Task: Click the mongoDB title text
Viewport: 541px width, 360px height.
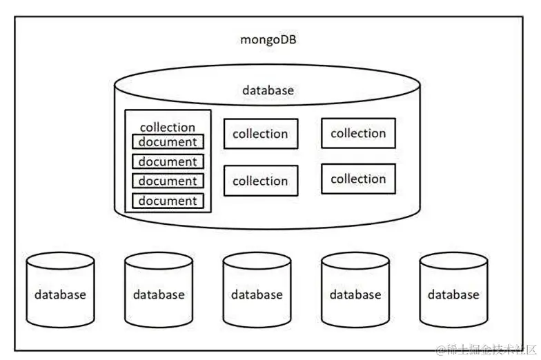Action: [x=268, y=39]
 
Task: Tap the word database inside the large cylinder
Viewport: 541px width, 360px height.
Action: [x=268, y=90]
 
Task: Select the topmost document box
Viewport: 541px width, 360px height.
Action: [x=168, y=142]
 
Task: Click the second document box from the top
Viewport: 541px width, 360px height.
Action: [x=168, y=162]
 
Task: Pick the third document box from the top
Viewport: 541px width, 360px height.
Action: [x=168, y=181]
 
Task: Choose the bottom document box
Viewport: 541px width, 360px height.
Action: [x=168, y=201]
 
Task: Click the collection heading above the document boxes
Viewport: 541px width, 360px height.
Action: [x=168, y=128]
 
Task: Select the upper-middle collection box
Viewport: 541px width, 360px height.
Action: [x=260, y=134]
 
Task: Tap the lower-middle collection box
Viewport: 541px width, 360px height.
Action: [x=260, y=181]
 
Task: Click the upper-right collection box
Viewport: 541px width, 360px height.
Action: [x=358, y=133]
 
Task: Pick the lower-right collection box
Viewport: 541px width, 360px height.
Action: [x=358, y=179]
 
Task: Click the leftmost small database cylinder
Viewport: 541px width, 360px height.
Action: [x=61, y=294]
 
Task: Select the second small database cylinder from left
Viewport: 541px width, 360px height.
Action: [x=159, y=294]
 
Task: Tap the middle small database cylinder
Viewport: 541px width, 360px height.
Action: [x=257, y=294]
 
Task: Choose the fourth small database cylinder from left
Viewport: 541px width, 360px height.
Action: [x=355, y=294]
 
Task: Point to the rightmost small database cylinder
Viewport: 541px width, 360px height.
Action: [x=453, y=294]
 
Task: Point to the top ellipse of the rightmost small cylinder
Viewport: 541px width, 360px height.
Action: [x=453, y=261]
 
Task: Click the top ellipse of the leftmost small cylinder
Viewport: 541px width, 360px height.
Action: [x=61, y=261]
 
